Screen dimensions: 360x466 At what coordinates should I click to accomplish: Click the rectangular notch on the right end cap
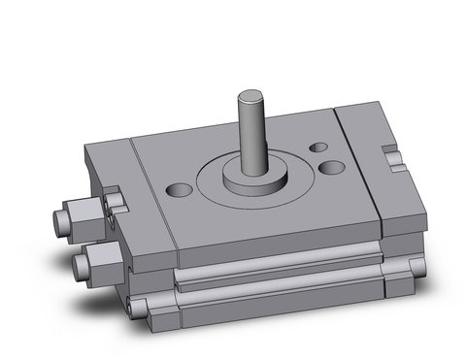393,152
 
